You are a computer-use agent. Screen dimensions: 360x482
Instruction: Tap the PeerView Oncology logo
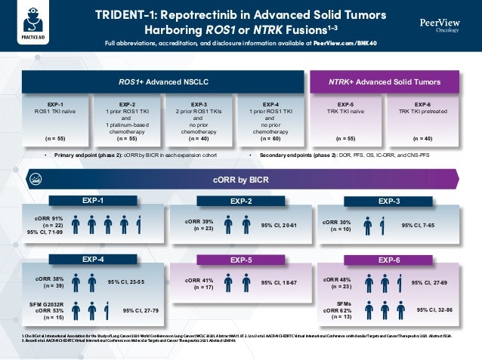pyautogui.click(x=441, y=26)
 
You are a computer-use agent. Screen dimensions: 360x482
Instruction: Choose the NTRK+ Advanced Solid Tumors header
pyautogui.click(x=386, y=81)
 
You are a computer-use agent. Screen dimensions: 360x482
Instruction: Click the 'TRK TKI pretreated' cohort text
pyautogui.click(x=423, y=112)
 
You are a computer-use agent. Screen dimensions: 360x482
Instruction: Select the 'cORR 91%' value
pyautogui.click(x=48, y=220)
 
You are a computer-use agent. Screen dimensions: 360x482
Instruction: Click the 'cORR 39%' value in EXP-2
pyautogui.click(x=199, y=222)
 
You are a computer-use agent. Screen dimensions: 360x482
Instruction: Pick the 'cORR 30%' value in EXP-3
pyautogui.click(x=336, y=223)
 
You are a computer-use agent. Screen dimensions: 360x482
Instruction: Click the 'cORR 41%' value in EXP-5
pyautogui.click(x=199, y=279)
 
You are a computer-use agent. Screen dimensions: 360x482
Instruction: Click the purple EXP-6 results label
pyautogui.click(x=388, y=260)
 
